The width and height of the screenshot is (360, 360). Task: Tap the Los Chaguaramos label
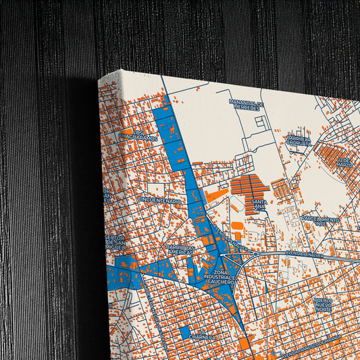click(x=138, y=135)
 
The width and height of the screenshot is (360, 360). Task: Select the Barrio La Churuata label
click(x=297, y=140)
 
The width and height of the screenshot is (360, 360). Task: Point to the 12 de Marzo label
click(x=345, y=163)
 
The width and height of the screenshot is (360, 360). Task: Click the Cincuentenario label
click(x=160, y=201)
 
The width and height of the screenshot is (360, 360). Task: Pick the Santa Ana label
click(x=258, y=204)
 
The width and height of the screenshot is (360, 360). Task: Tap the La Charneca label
click(x=203, y=334)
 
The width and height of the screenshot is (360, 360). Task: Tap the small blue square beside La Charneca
click(x=184, y=332)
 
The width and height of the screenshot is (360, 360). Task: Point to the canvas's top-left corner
click(x=99, y=79)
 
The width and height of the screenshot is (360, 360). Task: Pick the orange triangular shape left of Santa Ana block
click(x=215, y=195)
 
